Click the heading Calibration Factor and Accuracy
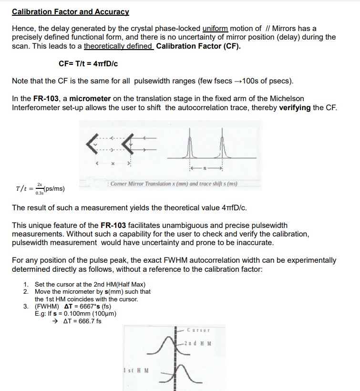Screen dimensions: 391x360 coord(71,11)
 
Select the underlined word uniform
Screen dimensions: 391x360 coord(216,29)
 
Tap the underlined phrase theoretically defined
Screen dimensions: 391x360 coord(118,46)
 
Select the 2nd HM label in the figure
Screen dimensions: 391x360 coord(200,344)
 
